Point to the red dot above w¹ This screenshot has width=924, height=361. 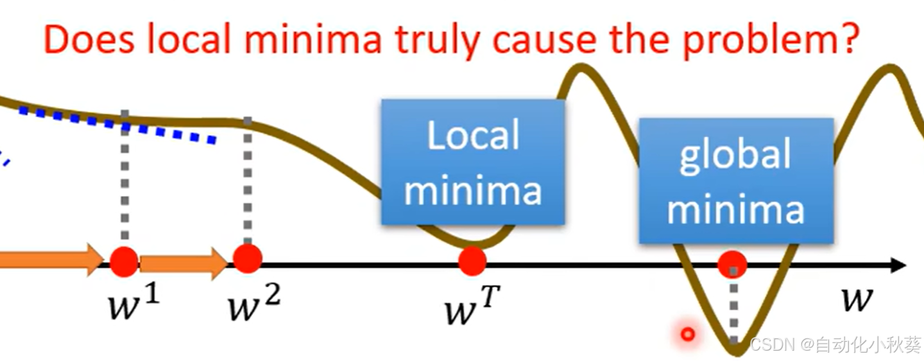(x=124, y=261)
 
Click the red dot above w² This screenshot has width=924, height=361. (x=248, y=258)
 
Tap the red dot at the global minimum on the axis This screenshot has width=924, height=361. (x=732, y=264)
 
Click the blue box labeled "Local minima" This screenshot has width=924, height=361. (x=473, y=162)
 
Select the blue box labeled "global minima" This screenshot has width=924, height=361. (x=736, y=180)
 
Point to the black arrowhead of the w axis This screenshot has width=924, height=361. (x=898, y=265)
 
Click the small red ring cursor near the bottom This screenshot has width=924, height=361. (x=688, y=334)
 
